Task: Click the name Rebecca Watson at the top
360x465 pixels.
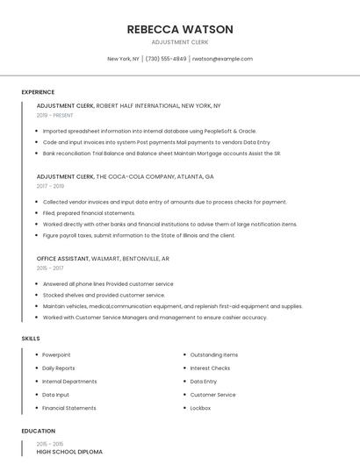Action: pyautogui.click(x=180, y=29)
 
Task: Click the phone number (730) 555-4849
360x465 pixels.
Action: pyautogui.click(x=166, y=59)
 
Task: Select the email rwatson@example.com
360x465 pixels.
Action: pyautogui.click(x=222, y=59)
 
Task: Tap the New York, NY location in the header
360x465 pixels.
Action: pyautogui.click(x=123, y=59)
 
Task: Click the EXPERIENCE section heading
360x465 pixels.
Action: pyautogui.click(x=38, y=92)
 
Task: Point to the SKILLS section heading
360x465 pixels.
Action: pyautogui.click(x=31, y=338)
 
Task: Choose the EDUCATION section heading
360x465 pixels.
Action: pyautogui.click(x=38, y=431)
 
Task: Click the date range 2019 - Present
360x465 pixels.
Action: pyautogui.click(x=54, y=115)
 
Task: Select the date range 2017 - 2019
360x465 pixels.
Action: pyautogui.click(x=50, y=186)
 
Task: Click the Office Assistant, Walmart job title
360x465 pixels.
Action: pyautogui.click(x=103, y=259)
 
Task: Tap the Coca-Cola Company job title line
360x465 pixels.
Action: pyautogui.click(x=125, y=176)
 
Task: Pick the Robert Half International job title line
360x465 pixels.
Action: pyautogui.click(x=128, y=105)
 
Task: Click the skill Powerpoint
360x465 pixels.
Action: pyautogui.click(x=56, y=354)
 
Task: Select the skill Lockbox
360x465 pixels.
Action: pyautogui.click(x=200, y=408)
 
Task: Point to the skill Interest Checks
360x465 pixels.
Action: pyautogui.click(x=210, y=368)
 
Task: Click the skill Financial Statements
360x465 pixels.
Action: pyautogui.click(x=69, y=408)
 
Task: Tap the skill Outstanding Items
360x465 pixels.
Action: pyautogui.click(x=214, y=354)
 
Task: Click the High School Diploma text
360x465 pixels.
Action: pyautogui.click(x=69, y=452)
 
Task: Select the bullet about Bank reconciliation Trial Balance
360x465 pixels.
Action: pyautogui.click(x=162, y=153)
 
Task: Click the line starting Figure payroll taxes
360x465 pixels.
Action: pyautogui.click(x=139, y=235)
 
